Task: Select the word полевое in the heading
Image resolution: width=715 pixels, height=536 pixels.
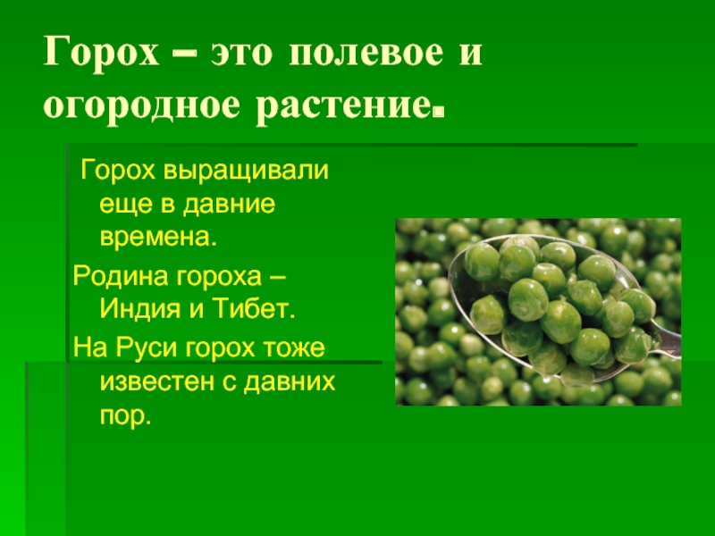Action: coord(366,53)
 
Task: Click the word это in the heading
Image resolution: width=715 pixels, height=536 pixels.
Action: coord(241,54)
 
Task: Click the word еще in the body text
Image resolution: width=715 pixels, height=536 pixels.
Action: coord(126,204)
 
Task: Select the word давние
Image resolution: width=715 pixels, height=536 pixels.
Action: coord(230,204)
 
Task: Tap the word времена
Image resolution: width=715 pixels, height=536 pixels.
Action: coord(158,237)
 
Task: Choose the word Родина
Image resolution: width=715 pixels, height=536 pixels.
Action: coord(121,276)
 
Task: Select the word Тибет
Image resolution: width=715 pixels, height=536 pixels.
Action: coord(254,308)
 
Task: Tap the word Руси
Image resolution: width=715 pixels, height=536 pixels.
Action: coord(147,348)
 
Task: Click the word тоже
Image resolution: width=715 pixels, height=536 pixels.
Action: coord(293,348)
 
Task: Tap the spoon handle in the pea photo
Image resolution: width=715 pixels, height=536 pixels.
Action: coord(667,339)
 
